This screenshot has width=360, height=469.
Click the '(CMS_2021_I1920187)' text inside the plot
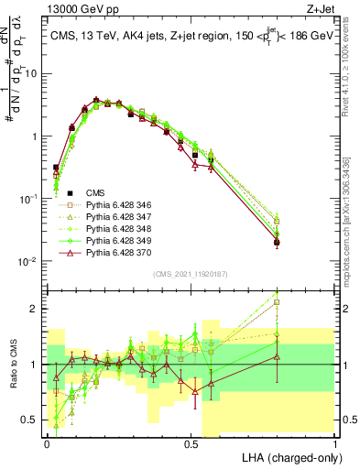pos(191,273)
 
